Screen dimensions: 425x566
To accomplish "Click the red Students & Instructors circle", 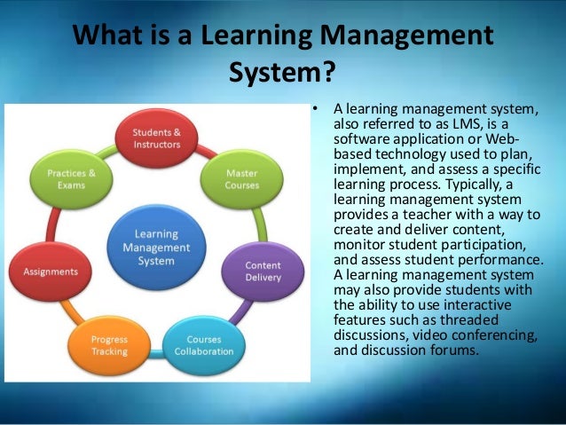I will coord(157,138).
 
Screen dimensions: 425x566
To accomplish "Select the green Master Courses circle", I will coord(242,178).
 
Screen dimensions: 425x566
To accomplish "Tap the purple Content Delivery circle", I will coord(263,271).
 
